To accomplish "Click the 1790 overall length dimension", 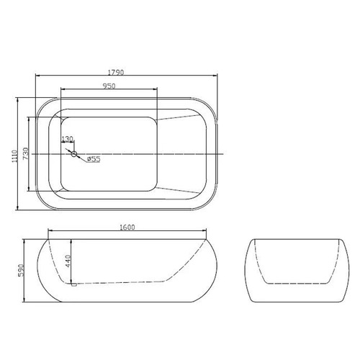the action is coord(116,72).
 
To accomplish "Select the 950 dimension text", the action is coord(109,86).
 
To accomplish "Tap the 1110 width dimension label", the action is coord(14,156).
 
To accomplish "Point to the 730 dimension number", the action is coord(26,153).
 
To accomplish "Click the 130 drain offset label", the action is coord(67,139).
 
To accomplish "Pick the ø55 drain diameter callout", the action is coord(94,159).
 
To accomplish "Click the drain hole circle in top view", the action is coord(74,154).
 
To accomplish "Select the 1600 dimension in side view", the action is coord(127,227).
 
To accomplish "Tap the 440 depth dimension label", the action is coord(68,261).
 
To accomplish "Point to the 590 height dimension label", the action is coord(21,270).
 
